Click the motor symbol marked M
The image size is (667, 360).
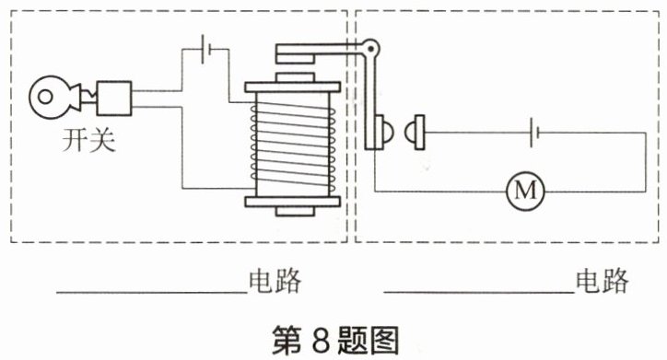click(x=526, y=192)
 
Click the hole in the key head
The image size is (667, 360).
click(x=45, y=97)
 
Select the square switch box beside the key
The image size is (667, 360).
click(x=113, y=99)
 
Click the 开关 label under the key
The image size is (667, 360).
click(x=88, y=139)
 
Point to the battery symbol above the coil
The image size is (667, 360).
click(x=205, y=49)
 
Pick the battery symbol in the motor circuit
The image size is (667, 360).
click(x=534, y=133)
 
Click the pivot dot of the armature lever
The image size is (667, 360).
click(x=370, y=49)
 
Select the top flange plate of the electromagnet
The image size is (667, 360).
click(x=292, y=87)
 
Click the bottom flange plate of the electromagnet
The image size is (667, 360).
click(x=292, y=202)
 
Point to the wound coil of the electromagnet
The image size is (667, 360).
click(x=293, y=145)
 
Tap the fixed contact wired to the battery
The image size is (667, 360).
click(x=415, y=133)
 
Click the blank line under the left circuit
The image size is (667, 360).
click(x=152, y=293)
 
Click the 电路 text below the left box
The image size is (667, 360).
click(x=275, y=281)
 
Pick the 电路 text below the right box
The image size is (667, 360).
click(x=602, y=280)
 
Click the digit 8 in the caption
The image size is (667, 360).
click(x=322, y=341)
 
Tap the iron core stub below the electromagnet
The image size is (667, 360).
click(x=295, y=211)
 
